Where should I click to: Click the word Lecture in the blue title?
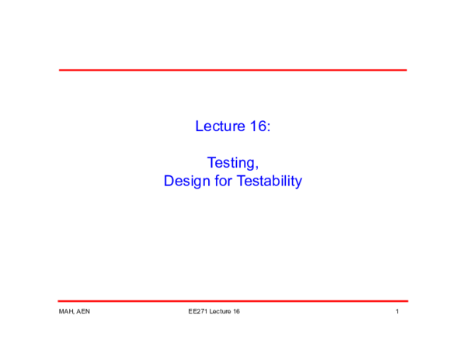(221, 126)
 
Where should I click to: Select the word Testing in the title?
(231, 163)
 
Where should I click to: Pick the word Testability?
(269, 182)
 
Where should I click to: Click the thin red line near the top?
(233, 71)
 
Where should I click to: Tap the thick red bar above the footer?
(233, 301)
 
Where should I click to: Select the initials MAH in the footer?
(65, 312)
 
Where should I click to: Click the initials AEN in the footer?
(83, 312)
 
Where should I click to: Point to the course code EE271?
(197, 312)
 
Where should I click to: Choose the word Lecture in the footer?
(220, 312)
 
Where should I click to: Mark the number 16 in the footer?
(236, 312)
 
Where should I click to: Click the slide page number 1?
(397, 312)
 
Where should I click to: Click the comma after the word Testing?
(256, 168)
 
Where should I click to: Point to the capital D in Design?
(169, 182)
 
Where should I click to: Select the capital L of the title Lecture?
(199, 126)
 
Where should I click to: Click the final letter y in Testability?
(297, 183)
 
